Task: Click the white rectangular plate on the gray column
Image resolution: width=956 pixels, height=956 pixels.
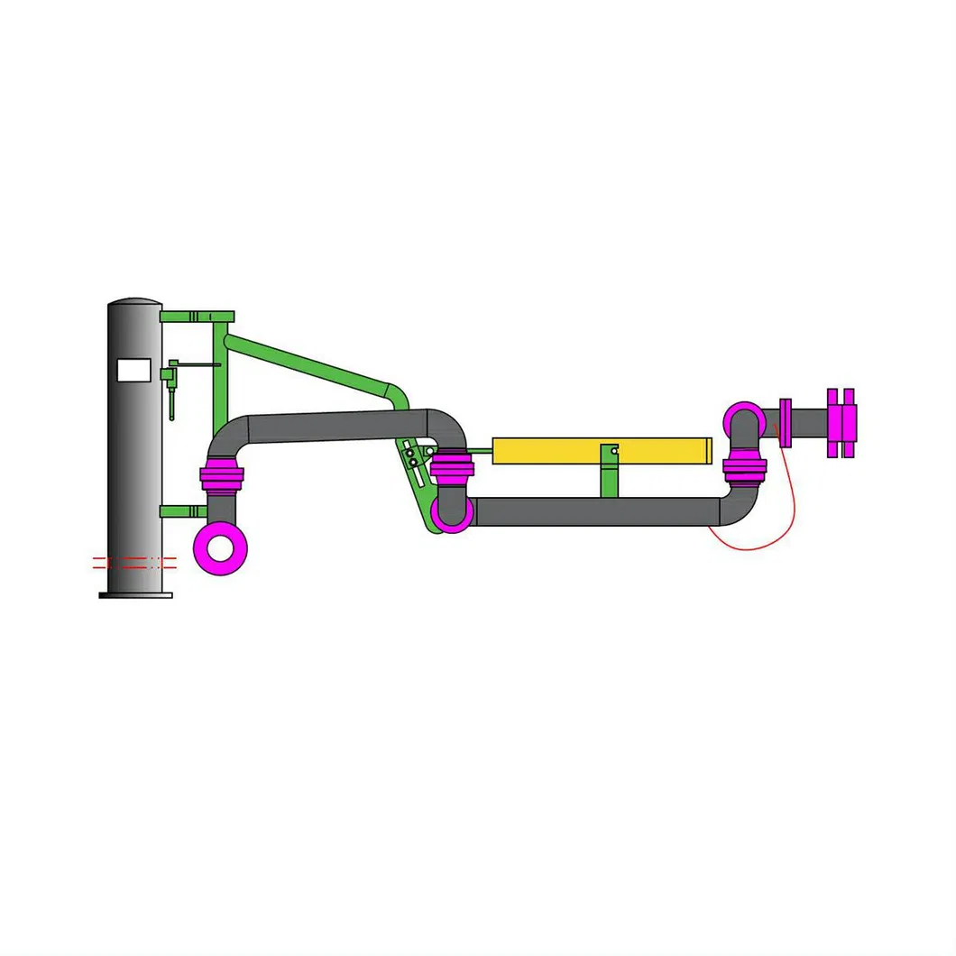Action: pos(134,369)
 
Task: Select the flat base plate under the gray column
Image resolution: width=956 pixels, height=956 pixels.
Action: pos(135,593)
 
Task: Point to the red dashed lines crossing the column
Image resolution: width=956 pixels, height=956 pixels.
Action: pos(135,563)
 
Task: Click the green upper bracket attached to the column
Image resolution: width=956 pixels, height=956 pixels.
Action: pos(197,317)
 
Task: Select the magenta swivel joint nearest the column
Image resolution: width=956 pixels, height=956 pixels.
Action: pos(221,474)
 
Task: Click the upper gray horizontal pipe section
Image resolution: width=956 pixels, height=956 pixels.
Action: pos(334,426)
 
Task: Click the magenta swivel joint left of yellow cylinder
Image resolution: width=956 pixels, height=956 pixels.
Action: pos(451,467)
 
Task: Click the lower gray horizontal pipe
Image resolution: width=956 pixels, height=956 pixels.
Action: pos(595,511)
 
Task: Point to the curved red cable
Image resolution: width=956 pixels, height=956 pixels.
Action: pos(767,532)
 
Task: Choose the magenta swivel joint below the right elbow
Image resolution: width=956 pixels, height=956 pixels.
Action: pos(745,468)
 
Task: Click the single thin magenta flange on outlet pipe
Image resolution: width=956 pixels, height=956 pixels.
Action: pos(786,422)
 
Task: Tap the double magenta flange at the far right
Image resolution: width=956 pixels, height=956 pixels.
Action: pos(840,422)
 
